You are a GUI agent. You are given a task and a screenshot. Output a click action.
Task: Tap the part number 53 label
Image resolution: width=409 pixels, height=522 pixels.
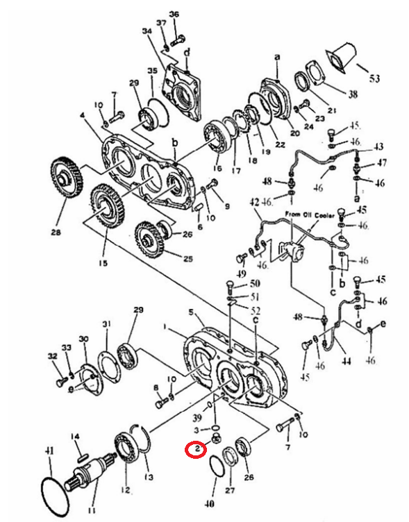tap(374, 79)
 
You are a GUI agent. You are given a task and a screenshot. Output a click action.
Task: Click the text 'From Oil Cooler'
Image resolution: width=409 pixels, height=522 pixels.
tap(310, 215)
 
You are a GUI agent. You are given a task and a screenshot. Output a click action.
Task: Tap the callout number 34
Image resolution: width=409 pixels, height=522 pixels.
tap(147, 31)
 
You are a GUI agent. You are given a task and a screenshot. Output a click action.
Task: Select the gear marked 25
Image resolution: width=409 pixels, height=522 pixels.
tap(150, 238)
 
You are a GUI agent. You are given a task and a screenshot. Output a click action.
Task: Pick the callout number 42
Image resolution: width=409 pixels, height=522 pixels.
tap(255, 203)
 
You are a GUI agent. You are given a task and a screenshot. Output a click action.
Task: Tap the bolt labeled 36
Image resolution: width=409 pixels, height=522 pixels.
tap(178, 41)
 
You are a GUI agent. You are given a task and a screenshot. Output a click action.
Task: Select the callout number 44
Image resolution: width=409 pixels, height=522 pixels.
tap(347, 361)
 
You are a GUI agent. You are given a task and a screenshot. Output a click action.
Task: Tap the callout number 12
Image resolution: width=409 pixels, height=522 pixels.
tap(125, 490)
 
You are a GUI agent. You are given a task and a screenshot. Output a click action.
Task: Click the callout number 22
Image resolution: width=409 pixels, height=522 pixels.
tap(281, 145)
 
